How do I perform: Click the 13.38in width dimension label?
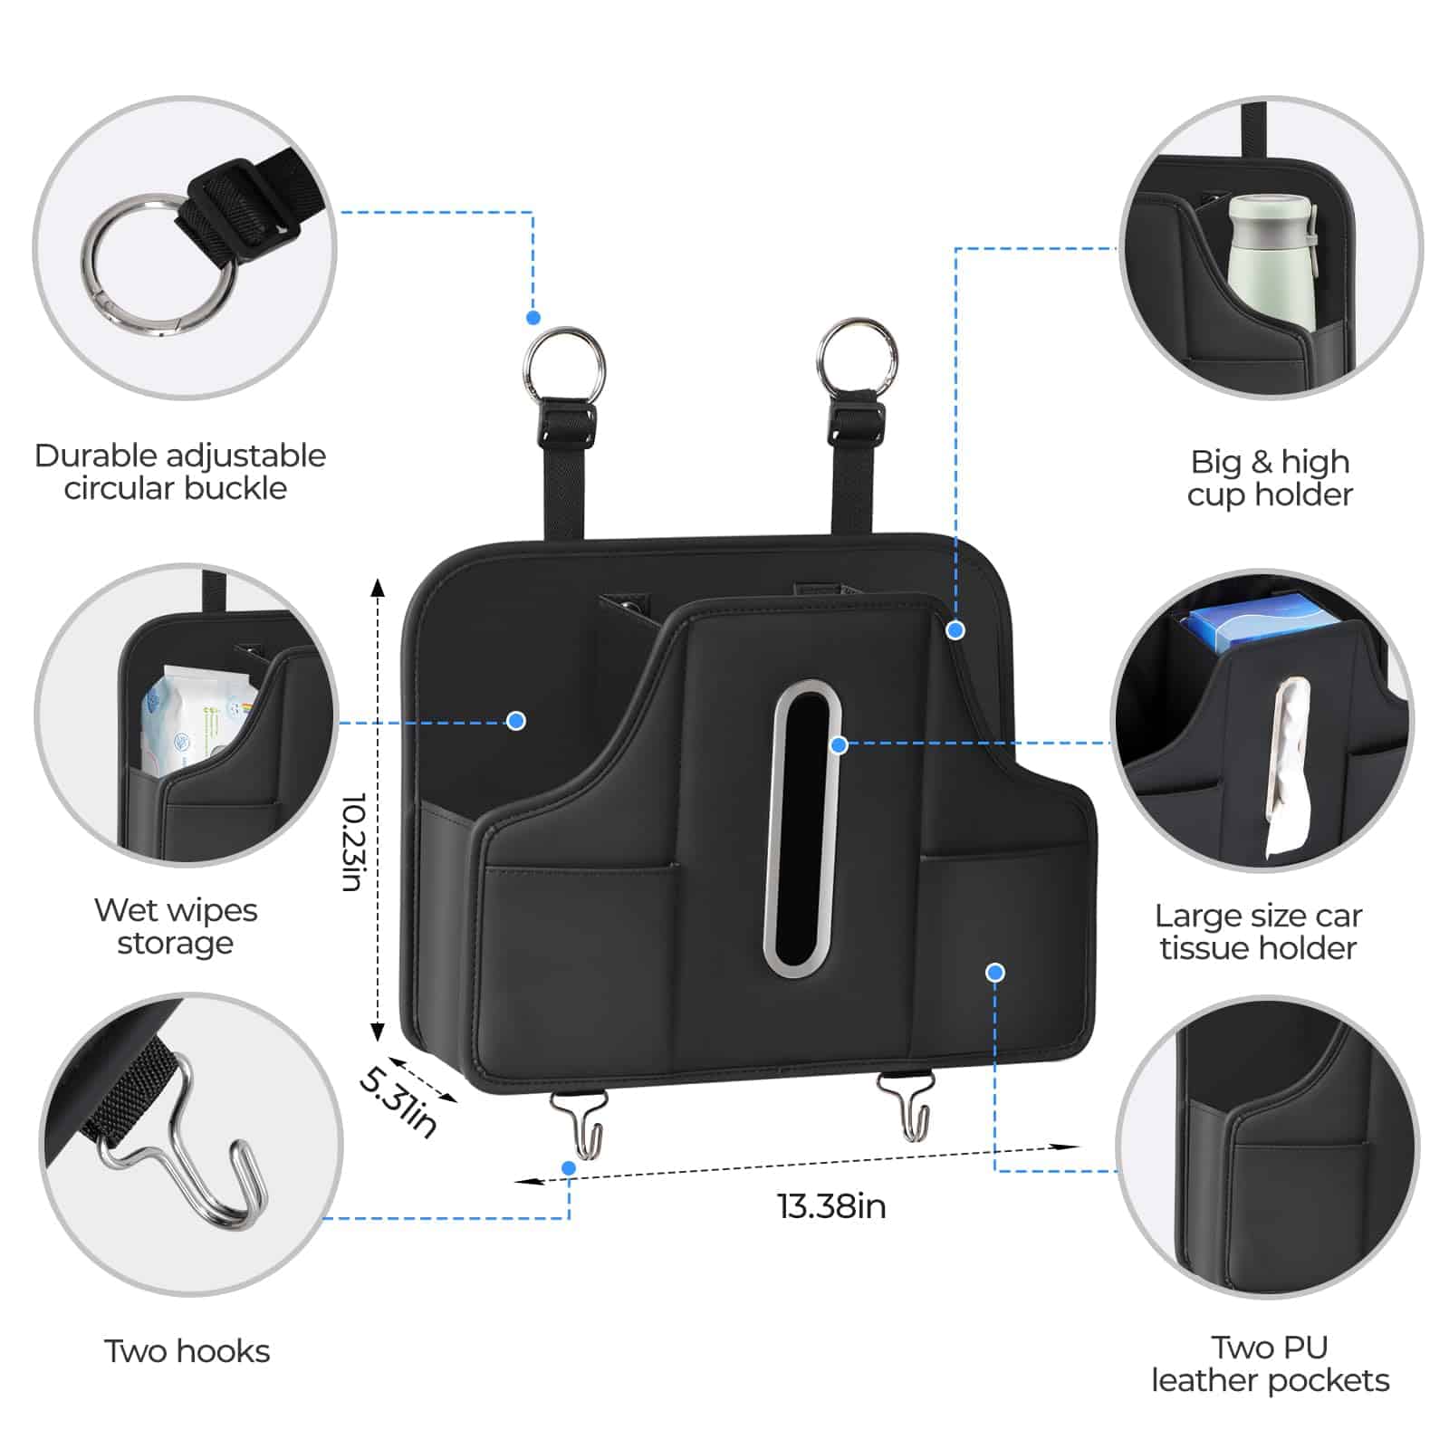click(x=831, y=1206)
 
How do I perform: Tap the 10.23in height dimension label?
click(x=353, y=842)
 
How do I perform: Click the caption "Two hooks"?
click(x=187, y=1351)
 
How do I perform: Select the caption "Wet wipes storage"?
click(x=176, y=926)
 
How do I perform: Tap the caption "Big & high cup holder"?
click(x=1270, y=478)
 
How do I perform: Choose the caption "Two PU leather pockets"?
click(x=1270, y=1364)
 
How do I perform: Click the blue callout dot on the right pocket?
click(x=995, y=972)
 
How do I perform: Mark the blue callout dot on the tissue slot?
click(x=840, y=744)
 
